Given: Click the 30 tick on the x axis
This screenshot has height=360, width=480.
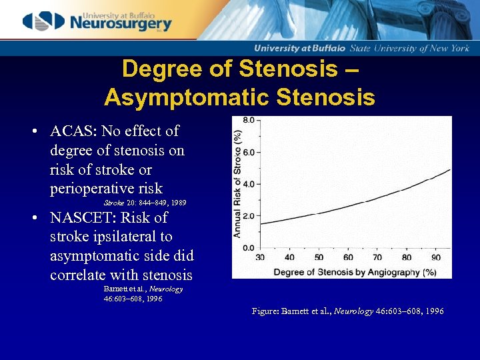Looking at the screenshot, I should click(260, 257).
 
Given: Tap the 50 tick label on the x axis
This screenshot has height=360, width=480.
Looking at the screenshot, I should click(319, 257).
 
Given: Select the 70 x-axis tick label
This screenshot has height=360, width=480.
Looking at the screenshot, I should click(377, 257).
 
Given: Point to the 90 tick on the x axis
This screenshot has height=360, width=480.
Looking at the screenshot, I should click(436, 257).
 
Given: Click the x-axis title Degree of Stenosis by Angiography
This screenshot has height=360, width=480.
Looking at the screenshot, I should click(345, 271).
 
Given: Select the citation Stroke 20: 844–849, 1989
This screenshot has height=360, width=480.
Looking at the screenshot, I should click(145, 202).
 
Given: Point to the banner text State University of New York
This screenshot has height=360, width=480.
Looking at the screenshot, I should click(419, 49).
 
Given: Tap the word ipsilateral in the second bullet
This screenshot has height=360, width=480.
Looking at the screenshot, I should click(129, 237).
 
